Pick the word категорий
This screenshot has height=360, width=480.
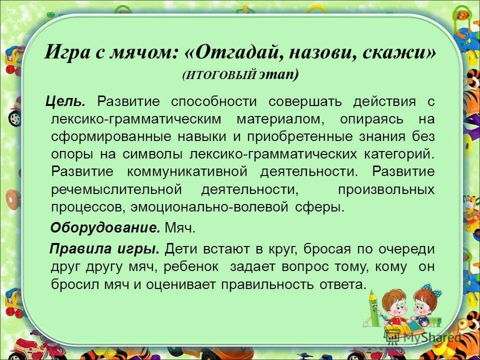point(397,154)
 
